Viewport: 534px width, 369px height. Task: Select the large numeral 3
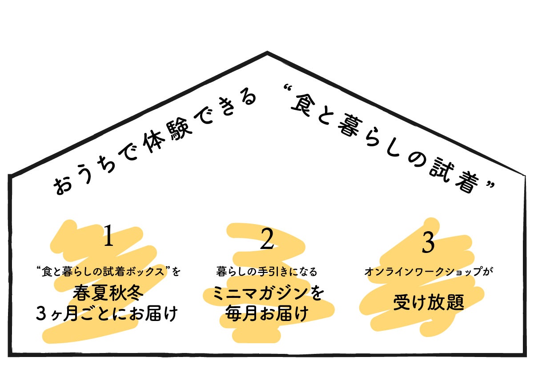(x=427, y=243)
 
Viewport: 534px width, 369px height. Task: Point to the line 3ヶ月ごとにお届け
(x=107, y=314)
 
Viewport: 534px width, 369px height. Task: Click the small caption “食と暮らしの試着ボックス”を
(x=109, y=271)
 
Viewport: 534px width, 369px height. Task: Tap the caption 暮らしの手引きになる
(x=267, y=271)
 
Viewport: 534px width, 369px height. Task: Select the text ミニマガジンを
(x=267, y=294)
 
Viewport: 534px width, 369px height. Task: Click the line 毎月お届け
(x=267, y=314)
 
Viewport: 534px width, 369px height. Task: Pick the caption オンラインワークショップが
(x=429, y=272)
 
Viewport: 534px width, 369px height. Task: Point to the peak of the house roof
(x=267, y=53)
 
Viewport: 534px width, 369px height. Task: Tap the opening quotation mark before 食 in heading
(x=285, y=96)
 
